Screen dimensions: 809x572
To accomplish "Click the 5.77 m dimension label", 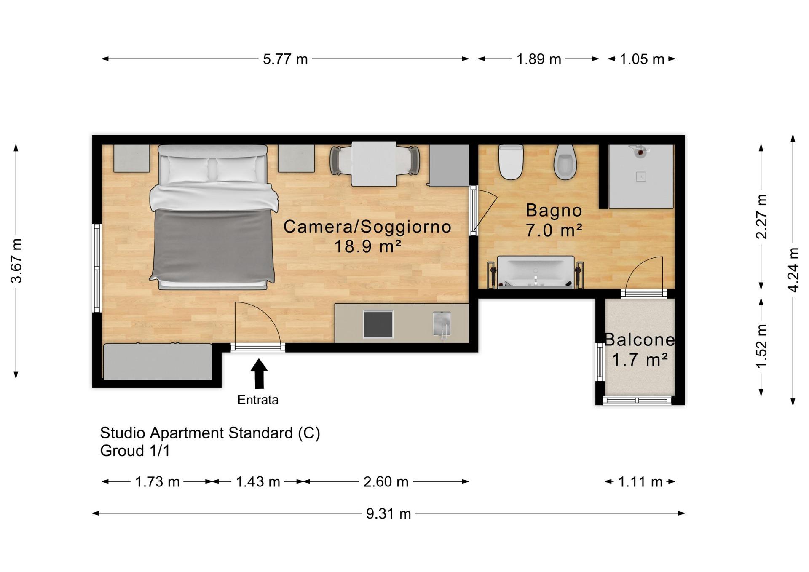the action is point(285,59).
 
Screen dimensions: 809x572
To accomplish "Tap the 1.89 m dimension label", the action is point(538,59).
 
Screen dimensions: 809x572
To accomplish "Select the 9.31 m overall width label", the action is point(388,514).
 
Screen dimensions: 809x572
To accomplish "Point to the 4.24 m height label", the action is point(793,270).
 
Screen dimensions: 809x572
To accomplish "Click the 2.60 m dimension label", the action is point(386,482).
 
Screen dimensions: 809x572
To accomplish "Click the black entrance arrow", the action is point(259,373).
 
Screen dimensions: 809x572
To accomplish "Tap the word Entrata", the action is point(258,400).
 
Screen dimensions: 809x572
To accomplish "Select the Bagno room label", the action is point(554,210).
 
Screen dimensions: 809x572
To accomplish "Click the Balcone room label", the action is point(639,340).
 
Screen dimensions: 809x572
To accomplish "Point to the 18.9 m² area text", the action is point(367,246).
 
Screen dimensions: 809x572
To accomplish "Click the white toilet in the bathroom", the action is point(511,162).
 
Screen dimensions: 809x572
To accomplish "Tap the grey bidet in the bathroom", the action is point(565,162).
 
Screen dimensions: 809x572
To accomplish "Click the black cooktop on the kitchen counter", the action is point(378,324).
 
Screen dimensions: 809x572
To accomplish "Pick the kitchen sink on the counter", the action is point(442,324).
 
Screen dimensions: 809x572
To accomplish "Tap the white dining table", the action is point(374,164).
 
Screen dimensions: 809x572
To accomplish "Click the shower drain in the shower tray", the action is point(641,177).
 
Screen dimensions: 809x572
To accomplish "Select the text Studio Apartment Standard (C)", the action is point(210,433).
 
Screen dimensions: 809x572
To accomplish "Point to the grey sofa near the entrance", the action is point(158,361).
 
